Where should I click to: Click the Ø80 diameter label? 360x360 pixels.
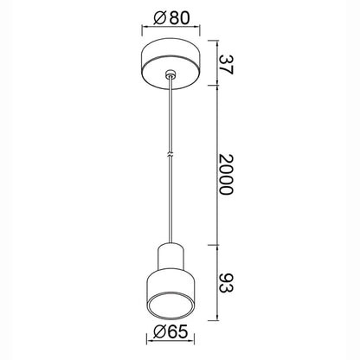(172, 18)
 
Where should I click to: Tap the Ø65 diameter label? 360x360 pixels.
(170, 331)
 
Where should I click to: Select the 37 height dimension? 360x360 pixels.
(225, 65)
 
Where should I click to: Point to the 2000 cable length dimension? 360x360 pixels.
(225, 175)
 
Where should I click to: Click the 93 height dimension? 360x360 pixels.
(225, 283)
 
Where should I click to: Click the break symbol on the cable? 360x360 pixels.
(170, 154)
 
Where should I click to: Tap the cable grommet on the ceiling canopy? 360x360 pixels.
(170, 74)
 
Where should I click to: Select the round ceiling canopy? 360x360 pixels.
(170, 63)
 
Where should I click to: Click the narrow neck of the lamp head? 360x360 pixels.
(170, 257)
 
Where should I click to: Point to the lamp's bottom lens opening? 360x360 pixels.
(170, 306)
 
